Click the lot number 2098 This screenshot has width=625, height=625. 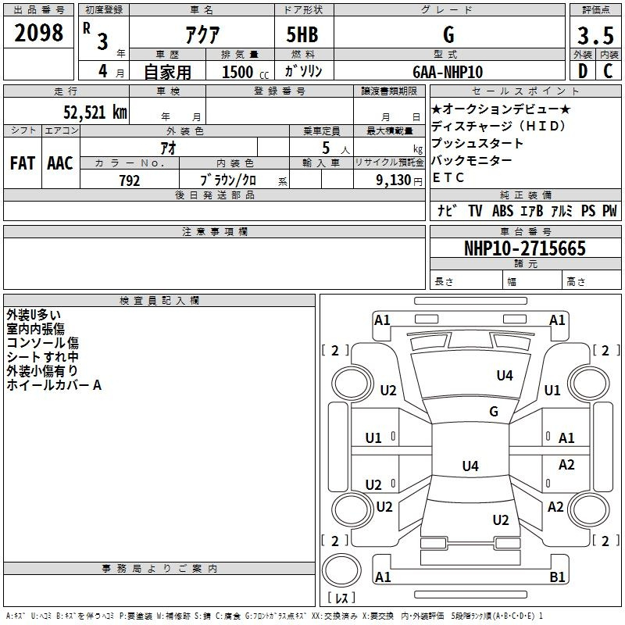38,33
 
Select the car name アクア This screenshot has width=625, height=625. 202,34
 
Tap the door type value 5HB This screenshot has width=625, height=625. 302,34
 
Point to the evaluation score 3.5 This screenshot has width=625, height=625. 595,35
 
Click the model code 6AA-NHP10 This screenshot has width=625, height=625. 448,72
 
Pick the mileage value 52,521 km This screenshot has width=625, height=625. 95,112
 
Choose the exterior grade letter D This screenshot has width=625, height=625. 583,71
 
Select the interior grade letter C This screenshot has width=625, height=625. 608,71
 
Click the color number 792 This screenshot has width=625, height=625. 130,180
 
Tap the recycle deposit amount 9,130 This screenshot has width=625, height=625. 393,180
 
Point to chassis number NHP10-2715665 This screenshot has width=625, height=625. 525,248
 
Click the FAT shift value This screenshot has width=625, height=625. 23,163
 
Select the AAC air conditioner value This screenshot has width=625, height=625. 60,163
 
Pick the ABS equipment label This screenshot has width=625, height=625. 502,211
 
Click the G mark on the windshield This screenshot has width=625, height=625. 494,411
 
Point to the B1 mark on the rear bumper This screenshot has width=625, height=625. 557,577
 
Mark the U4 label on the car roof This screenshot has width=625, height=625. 470,466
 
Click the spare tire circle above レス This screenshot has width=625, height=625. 341,570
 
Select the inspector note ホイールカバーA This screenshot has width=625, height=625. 54,385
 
